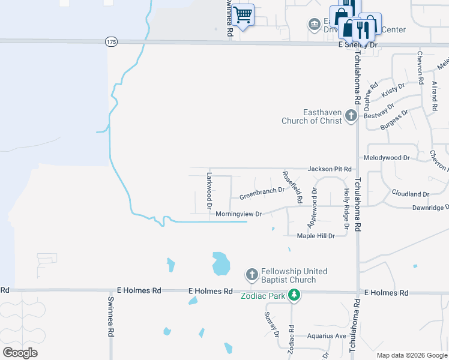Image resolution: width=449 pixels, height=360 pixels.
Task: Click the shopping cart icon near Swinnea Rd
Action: (x=243, y=15)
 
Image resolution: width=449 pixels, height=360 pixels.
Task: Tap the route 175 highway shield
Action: (x=110, y=41)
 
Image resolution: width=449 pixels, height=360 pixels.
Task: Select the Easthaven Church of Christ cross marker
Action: (x=352, y=118)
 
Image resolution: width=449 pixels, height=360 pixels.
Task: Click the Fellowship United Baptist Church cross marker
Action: (x=252, y=275)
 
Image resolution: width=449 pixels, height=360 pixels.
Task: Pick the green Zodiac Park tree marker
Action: (x=294, y=295)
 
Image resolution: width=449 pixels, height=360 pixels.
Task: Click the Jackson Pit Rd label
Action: (x=329, y=169)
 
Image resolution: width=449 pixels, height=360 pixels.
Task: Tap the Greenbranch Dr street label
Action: (x=262, y=194)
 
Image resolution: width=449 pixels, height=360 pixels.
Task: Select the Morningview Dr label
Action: (x=239, y=214)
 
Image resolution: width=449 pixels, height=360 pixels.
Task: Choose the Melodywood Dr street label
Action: (x=386, y=157)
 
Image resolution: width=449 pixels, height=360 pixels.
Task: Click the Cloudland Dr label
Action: (x=411, y=194)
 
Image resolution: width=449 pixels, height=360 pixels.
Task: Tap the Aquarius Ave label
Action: (x=327, y=336)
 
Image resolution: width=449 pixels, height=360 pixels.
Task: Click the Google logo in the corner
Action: (x=20, y=353)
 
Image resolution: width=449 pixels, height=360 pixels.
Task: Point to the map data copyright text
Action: (x=412, y=355)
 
